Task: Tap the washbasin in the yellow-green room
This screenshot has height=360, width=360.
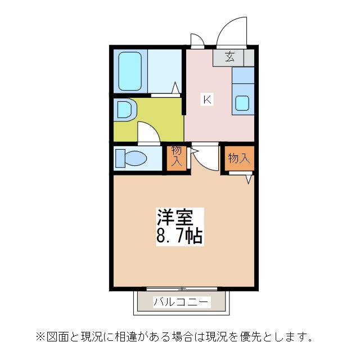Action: coord(123,109)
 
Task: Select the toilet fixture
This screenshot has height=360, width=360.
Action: coord(129,157)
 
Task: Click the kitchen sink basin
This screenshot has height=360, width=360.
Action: coord(242,102)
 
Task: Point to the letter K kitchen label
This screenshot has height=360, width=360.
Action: coord(207,100)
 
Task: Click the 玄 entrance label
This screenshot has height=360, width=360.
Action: coord(230,56)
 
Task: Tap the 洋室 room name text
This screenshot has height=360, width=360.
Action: coord(175,217)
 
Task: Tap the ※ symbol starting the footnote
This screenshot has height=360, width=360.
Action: coord(40,337)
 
